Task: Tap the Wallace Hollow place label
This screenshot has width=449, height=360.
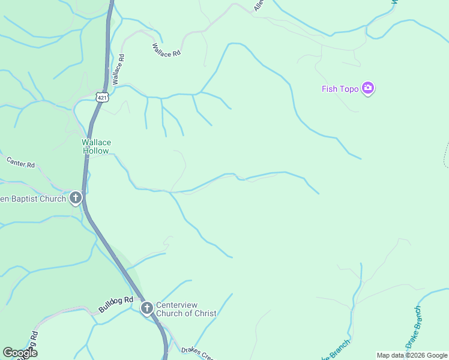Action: (x=96, y=146)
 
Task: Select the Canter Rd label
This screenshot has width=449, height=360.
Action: (x=20, y=162)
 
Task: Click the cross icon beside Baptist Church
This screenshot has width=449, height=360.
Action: (x=76, y=197)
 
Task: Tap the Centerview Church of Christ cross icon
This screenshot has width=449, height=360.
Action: (x=147, y=308)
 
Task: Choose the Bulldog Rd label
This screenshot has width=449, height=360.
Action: (x=116, y=304)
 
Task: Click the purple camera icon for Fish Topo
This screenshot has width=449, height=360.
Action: (x=368, y=89)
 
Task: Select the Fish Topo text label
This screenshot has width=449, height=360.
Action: (x=340, y=89)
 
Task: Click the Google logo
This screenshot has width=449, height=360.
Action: (x=19, y=353)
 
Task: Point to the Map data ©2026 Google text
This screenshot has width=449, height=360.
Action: (x=412, y=355)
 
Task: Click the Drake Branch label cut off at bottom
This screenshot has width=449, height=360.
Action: (x=337, y=350)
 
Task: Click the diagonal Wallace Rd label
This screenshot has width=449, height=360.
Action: (x=166, y=49)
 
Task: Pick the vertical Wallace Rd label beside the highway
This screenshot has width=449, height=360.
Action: (x=118, y=70)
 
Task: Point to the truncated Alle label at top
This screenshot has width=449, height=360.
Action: (x=259, y=5)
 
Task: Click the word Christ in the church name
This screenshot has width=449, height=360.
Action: (x=204, y=313)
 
